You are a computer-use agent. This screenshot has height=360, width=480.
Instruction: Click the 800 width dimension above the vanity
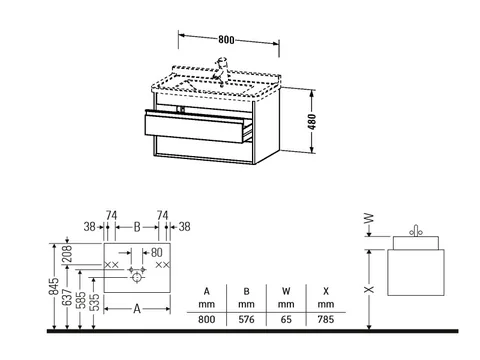pos(226,40)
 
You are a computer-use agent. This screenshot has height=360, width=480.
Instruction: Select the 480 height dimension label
pos(312,122)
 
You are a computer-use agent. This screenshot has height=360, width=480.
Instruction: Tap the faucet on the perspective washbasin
pos(222,70)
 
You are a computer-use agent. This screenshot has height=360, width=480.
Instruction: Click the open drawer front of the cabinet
pos(194,128)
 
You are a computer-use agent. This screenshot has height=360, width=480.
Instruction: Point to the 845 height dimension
pos(54,287)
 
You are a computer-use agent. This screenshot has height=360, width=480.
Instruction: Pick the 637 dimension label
pos(67,297)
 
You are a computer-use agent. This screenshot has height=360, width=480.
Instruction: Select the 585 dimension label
pos(81,300)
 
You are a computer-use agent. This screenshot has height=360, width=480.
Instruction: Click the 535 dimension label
pos(95,302)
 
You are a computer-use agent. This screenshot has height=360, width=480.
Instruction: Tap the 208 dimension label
pos(67,254)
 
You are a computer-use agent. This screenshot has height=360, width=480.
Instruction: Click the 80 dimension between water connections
pos(156,253)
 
